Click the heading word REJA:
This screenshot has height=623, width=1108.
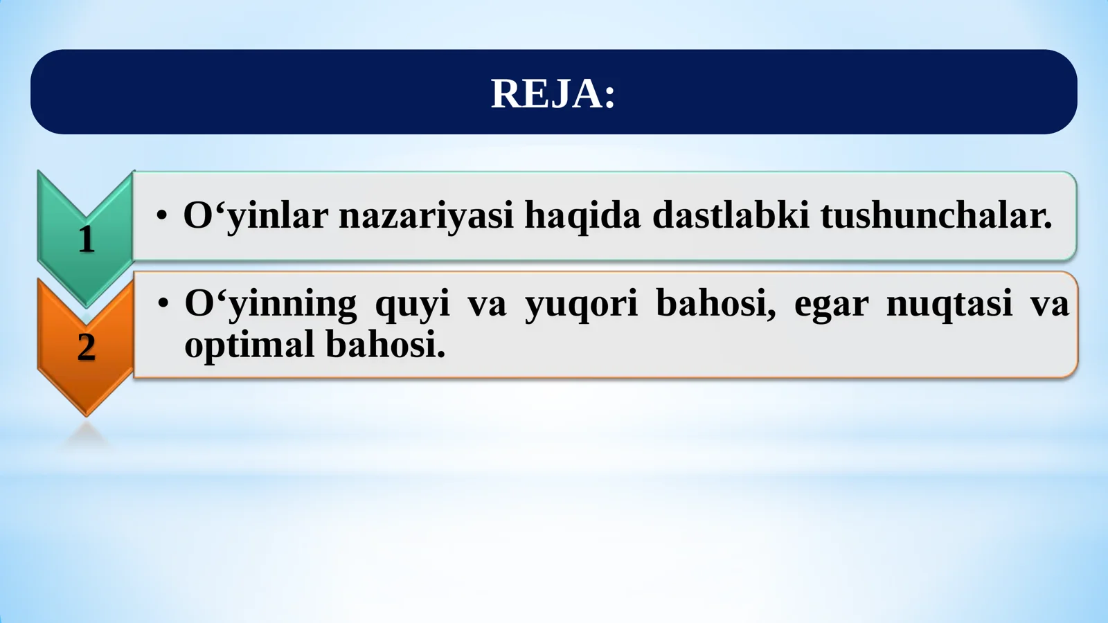552,93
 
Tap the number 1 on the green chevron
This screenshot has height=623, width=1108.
86,240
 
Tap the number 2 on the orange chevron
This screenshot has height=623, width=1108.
86,347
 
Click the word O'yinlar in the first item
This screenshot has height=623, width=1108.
255,215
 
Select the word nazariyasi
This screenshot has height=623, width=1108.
426,215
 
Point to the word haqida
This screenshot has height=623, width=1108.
582,215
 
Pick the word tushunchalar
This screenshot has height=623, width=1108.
936,215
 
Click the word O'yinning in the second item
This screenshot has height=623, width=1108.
270,304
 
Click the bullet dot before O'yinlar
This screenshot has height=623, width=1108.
161,215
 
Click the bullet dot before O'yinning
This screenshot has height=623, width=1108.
163,304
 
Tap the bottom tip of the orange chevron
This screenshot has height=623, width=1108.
86,414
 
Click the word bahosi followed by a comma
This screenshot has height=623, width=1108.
715,304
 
